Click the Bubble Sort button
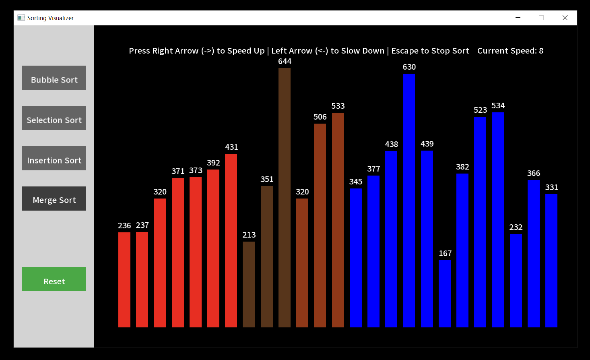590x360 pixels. point(54,78)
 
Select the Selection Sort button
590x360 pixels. point(54,118)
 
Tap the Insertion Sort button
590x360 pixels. point(54,158)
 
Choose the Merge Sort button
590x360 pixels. point(54,199)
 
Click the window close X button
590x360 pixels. point(565,18)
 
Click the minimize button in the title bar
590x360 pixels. point(518,18)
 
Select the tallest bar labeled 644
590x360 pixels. point(285,197)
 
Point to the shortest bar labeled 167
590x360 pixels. point(445,294)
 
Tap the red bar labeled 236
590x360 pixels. point(124,279)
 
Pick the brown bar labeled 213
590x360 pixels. point(249,284)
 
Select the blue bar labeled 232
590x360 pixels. point(516,281)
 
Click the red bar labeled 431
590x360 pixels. point(231,240)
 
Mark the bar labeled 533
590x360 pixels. point(338,220)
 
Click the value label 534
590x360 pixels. point(498,106)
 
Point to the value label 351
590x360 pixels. point(267,179)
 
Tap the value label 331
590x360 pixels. point(551,187)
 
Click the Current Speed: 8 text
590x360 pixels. point(510,51)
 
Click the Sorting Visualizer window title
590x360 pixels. point(50,18)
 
